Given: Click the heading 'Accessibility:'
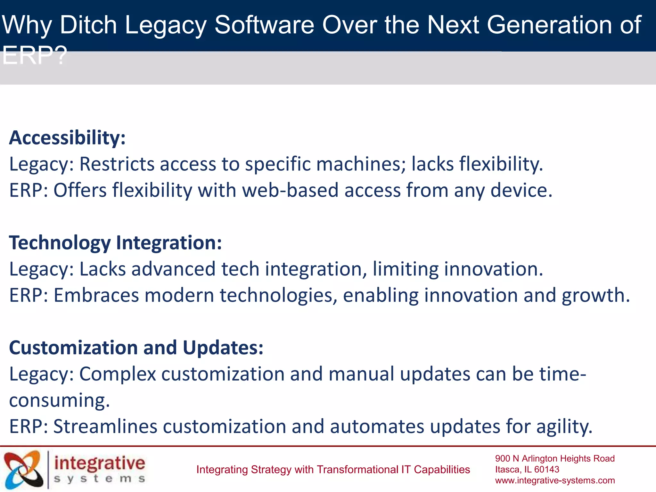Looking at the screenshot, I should click(67, 138).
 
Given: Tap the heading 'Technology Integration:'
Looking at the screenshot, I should click(115, 243).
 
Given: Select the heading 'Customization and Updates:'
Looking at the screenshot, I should click(136, 348).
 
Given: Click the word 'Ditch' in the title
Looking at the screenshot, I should click(88, 25).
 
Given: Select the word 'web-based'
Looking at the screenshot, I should click(290, 191).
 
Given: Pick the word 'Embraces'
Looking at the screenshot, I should click(96, 295).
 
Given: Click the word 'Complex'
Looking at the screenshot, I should click(118, 374).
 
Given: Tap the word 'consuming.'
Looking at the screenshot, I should click(60, 400).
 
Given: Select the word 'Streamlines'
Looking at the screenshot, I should click(105, 427).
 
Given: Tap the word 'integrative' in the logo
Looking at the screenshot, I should click(100, 463).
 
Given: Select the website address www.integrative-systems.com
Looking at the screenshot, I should click(555, 480).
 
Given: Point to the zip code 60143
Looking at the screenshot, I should click(546, 470).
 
